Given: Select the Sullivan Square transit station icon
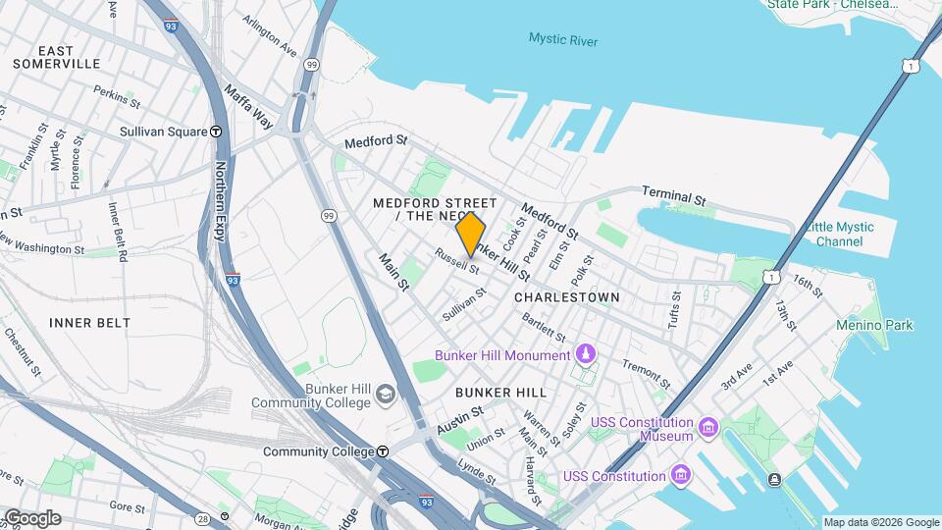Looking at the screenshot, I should (216, 132).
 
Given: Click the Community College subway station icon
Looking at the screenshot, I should (383, 451).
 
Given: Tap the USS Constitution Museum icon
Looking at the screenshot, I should (708, 428).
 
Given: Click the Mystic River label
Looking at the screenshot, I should (562, 40).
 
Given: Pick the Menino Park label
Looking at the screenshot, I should (874, 325).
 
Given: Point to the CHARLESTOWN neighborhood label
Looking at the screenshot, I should (567, 296).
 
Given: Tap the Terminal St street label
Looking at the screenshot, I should (674, 197).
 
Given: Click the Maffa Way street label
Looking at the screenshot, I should (248, 107).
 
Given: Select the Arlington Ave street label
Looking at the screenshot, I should (270, 33).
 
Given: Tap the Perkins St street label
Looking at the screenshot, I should (118, 95).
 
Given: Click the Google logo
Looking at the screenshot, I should (31, 517).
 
